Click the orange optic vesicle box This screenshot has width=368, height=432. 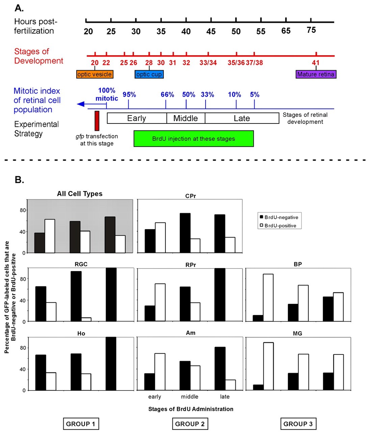pyautogui.click(x=95, y=74)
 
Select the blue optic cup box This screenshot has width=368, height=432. pyautogui.click(x=149, y=74)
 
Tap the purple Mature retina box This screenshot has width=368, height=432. pyautogui.click(x=316, y=74)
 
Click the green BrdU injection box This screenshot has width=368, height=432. pyautogui.click(x=193, y=139)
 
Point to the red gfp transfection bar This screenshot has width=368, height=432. pyautogui.click(x=97, y=120)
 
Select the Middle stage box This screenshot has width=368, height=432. pyautogui.click(x=186, y=118)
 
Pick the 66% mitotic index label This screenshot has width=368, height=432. pyautogui.click(x=167, y=95)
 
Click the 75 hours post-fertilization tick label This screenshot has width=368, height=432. pyautogui.click(x=311, y=30)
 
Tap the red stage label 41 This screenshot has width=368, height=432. pyautogui.click(x=316, y=63)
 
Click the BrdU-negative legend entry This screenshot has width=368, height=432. pyautogui.click(x=279, y=217)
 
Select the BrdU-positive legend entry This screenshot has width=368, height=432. pyautogui.click(x=279, y=226)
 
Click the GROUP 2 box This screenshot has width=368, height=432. pyautogui.click(x=190, y=424)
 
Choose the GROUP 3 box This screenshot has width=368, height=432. pyautogui.click(x=298, y=424)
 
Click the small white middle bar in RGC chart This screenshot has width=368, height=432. pyautogui.click(x=86, y=319)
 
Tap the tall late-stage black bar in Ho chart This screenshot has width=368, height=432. pyautogui.click(x=111, y=363)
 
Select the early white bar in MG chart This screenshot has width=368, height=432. pyautogui.click(x=268, y=366)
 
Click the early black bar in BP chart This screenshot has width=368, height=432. pyautogui.click(x=258, y=318)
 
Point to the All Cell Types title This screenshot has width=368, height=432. pyautogui.click(x=80, y=194)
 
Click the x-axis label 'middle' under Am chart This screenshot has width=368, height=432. pyautogui.click(x=190, y=397)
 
